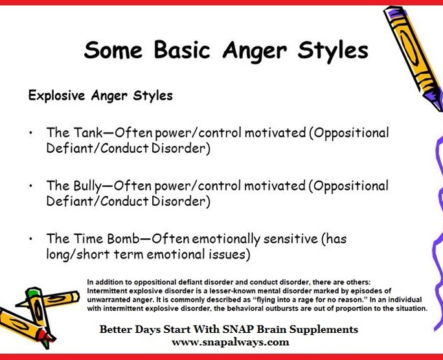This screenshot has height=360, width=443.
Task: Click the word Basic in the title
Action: [x=182, y=50]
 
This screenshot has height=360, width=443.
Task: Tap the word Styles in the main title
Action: [x=333, y=51]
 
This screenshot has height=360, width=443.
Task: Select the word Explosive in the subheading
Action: [x=56, y=95]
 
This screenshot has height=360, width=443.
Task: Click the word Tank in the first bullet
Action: [x=88, y=133]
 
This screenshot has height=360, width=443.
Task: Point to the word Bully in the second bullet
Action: [x=87, y=186]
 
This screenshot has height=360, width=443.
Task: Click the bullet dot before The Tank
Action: [x=31, y=133]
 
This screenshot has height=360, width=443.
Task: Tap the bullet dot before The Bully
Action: [x=31, y=186]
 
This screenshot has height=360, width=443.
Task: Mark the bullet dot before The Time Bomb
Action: [x=31, y=239]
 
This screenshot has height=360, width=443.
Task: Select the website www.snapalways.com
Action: [x=231, y=343]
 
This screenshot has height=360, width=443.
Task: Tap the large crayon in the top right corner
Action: [x=414, y=56]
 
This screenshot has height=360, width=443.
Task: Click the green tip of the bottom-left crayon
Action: [x=32, y=292]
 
